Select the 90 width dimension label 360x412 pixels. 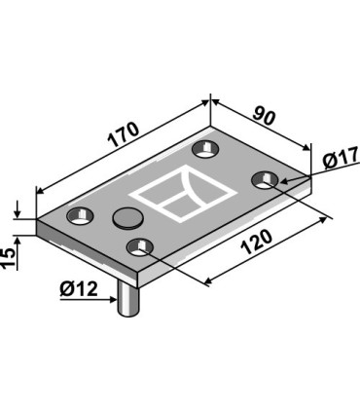coord(264,114)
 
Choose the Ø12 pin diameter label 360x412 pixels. coord(78,290)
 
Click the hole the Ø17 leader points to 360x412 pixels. coord(266,179)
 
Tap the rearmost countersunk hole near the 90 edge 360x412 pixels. coord(204,148)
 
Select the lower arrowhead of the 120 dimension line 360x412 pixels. coord(206,283)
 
